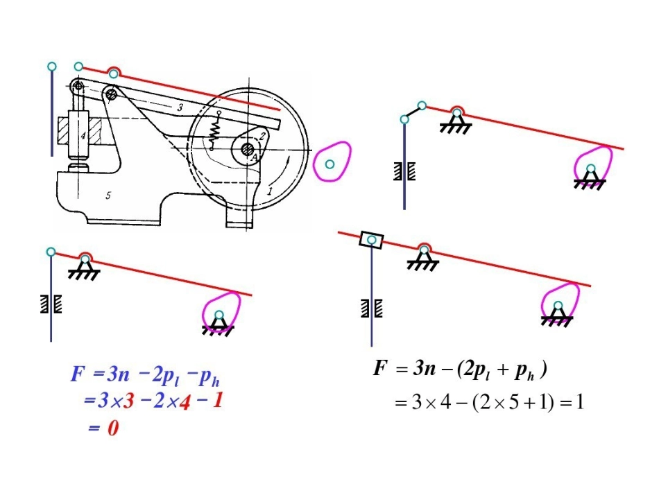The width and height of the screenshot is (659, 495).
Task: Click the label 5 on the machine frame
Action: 108,196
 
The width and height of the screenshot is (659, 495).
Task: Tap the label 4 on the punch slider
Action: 83,136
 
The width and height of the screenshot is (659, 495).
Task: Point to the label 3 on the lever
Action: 180,107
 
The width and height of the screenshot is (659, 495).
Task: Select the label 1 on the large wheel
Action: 270,191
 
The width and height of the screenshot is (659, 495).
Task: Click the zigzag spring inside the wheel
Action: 215,131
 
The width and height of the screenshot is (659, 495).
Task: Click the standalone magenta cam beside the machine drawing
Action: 332,162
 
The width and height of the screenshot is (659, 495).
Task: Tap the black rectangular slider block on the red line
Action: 372,240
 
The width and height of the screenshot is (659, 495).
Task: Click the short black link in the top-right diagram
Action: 413,112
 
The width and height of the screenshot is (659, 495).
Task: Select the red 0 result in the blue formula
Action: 113,428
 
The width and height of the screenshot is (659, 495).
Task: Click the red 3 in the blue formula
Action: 128,401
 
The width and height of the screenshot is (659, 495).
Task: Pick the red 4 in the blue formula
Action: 185,402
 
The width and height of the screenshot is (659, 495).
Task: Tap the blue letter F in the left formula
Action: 78,374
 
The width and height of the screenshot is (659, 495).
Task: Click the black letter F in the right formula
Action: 380,368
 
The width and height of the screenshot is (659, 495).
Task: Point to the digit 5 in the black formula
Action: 513,403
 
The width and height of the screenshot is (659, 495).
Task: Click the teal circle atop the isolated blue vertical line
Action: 52,67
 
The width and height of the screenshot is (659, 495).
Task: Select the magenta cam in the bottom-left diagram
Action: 221,311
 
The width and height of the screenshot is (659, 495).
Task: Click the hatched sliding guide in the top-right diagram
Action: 404,171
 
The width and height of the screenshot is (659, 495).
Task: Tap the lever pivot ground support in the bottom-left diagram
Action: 84,268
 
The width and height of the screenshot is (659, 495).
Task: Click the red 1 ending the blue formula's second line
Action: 218,400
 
